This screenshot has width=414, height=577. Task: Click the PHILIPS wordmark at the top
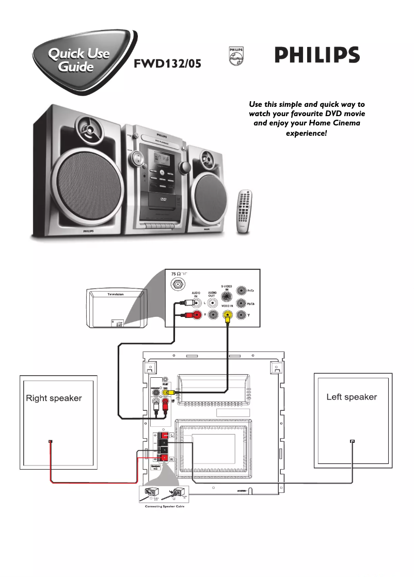(317, 55)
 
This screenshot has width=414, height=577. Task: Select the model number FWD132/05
(167, 65)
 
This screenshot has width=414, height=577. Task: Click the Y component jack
(241, 316)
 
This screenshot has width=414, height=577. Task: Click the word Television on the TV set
(116, 294)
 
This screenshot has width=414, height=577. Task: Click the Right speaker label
(54, 398)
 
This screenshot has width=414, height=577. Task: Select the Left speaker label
(352, 397)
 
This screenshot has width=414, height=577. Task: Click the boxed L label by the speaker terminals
(171, 437)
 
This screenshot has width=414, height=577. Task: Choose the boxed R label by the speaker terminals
(171, 459)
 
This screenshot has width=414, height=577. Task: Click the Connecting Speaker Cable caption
(163, 507)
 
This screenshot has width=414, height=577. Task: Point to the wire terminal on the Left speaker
(352, 442)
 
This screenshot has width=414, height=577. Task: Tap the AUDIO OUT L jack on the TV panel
(212, 302)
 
